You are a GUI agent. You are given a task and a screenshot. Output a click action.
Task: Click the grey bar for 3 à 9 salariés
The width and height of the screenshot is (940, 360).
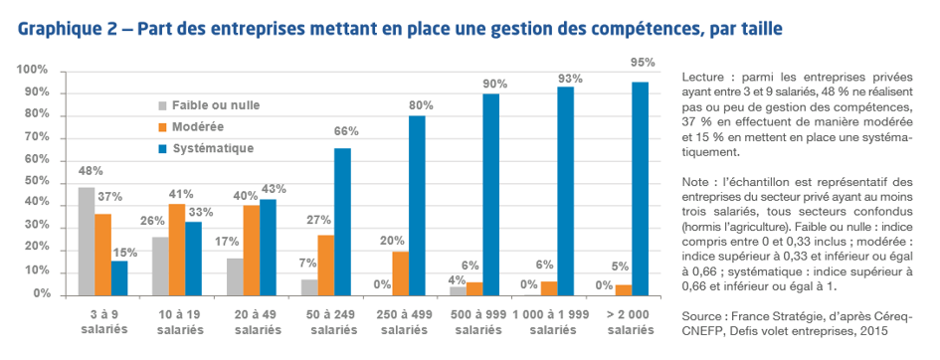coord(87,241)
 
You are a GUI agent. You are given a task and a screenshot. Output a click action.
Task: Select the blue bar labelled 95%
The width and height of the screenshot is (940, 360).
coord(641,188)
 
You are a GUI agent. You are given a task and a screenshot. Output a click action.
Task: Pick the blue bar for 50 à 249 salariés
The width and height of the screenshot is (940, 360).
coord(342,221)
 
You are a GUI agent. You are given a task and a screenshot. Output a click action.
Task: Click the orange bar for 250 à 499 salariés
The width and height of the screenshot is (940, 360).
coord(400,272)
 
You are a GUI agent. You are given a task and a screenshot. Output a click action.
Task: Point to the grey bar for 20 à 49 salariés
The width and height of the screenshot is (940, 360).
coord(235,276)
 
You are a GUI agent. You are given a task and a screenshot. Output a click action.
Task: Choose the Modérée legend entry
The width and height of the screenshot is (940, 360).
coord(195,126)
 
